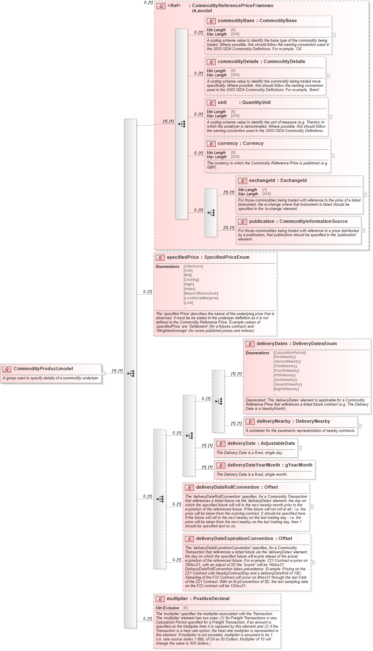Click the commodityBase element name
pyautogui.click(x=237, y=20)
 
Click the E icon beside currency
pyautogui.click(x=211, y=144)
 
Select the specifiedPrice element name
pyautogui.click(x=182, y=257)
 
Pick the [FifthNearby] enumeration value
pyautogui.click(x=284, y=375)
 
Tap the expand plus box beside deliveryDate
pyautogui.click(x=299, y=448)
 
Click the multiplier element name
pyautogui.click(x=178, y=598)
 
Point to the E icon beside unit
pyautogui.click(x=211, y=103)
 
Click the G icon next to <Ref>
pyautogui.click(x=161, y=6)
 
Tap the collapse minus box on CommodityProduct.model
pyautogui.click(x=103, y=373)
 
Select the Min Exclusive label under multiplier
pyautogui.click(x=167, y=608)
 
